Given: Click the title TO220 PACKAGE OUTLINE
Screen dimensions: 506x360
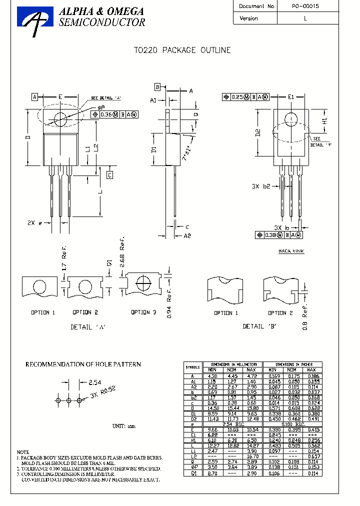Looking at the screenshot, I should pyautogui.click(x=182, y=50).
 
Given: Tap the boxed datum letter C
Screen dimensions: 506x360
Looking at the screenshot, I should pyautogui.click(x=109, y=174).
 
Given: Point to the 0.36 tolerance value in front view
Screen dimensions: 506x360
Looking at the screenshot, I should pyautogui.click(x=107, y=114).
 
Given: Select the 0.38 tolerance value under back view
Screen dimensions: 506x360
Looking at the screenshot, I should pyautogui.click(x=270, y=235).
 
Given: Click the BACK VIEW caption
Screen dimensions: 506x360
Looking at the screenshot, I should pyautogui.click(x=291, y=251).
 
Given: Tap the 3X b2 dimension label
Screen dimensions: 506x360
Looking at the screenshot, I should pyautogui.click(x=261, y=186).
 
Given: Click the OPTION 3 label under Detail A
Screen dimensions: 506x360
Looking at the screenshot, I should pyautogui.click(x=143, y=312).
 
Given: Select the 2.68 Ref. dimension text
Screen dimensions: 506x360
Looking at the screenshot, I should pyautogui.click(x=121, y=256).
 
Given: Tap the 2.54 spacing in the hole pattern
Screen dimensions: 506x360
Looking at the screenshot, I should pyautogui.click(x=95, y=382).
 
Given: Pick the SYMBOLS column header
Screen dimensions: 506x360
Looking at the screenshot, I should pyautogui.click(x=193, y=366).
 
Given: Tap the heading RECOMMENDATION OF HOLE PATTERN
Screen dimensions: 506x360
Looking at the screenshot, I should pyautogui.click(x=83, y=364).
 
